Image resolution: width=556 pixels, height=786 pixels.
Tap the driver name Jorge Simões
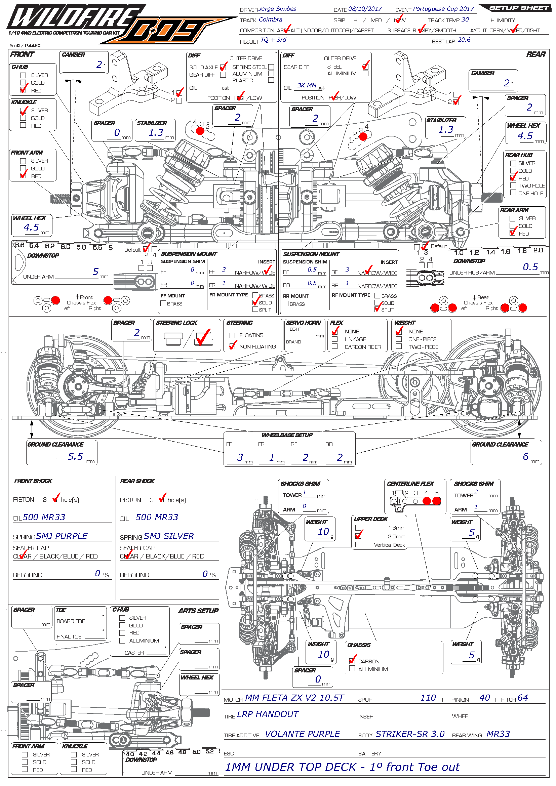tap(277, 9)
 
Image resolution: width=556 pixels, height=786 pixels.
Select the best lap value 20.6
tap(464, 40)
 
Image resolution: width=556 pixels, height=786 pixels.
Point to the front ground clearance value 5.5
tap(75, 456)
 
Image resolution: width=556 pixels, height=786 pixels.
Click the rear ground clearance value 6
tap(525, 456)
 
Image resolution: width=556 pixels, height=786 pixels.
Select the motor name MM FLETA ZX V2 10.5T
tap(294, 698)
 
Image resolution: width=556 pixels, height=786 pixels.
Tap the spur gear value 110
tap(428, 698)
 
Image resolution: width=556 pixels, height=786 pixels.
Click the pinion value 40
tap(484, 698)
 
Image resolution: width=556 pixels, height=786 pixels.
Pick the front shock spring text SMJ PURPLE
tap(62, 536)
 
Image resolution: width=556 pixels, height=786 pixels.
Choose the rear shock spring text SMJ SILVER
tap(169, 536)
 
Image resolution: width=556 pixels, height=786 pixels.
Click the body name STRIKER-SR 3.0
tap(410, 734)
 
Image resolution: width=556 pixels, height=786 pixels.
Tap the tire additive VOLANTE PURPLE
tap(302, 734)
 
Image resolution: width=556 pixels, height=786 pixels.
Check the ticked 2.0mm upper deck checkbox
tap(358, 536)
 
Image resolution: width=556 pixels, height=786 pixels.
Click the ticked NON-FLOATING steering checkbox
tap(233, 346)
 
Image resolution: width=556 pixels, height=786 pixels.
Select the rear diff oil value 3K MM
tap(307, 85)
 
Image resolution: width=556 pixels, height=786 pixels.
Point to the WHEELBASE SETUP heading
tap(287, 435)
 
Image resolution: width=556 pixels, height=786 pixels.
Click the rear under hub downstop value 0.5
tap(530, 267)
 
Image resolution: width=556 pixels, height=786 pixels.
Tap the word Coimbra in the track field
tap(271, 19)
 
